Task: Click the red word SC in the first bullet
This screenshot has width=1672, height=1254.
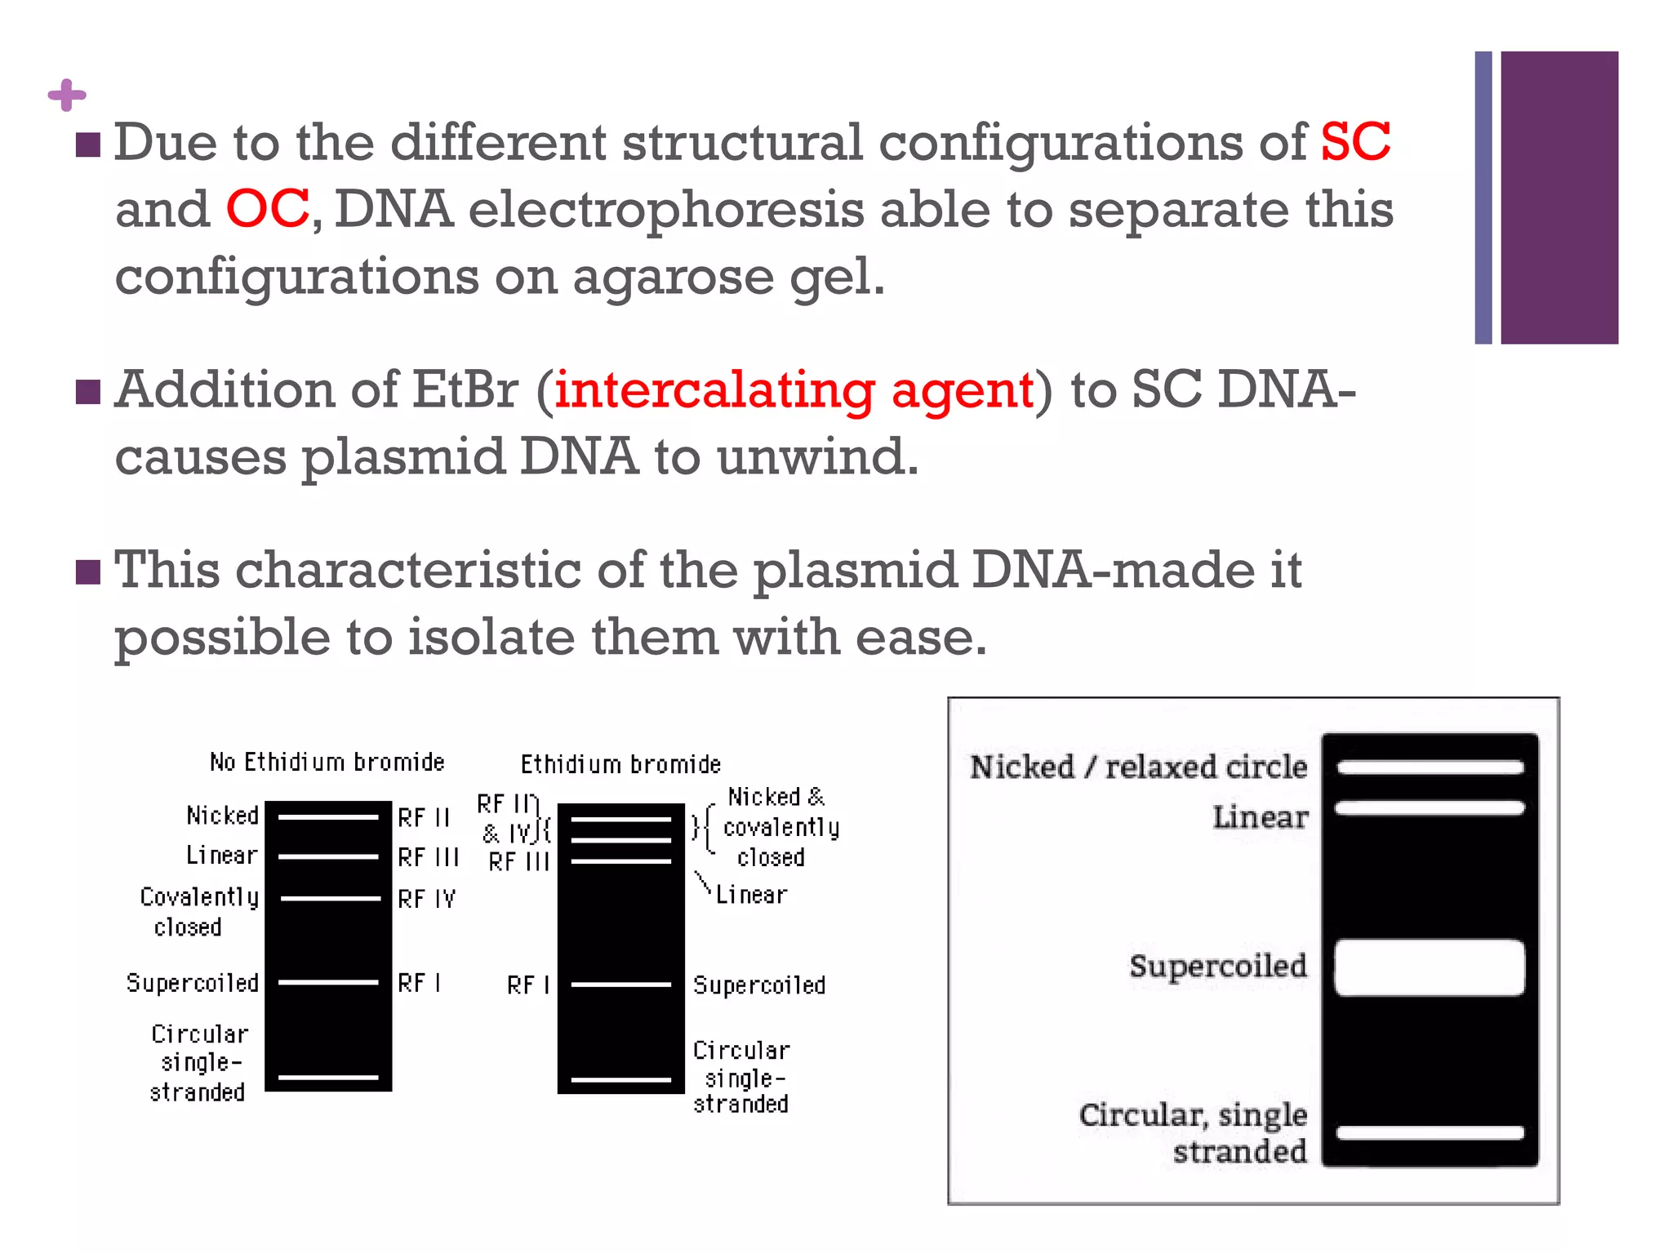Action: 1355,142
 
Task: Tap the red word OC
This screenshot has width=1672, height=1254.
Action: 267,209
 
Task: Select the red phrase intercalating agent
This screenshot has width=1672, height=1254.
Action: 794,389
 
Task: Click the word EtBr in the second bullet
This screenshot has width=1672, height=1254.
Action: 465,389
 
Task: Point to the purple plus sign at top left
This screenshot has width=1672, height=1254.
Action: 67,96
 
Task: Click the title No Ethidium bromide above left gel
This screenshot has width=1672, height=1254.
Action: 327,763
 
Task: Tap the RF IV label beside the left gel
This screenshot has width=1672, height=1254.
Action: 426,899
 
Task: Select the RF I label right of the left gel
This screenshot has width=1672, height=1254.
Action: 419,983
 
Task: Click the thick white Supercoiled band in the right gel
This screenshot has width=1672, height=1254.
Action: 1429,967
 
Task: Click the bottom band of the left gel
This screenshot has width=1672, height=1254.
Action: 328,1078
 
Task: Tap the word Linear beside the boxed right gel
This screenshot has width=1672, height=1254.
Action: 1260,817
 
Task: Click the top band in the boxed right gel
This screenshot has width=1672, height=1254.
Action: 1429,767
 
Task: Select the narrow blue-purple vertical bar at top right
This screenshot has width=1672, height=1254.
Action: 1483,197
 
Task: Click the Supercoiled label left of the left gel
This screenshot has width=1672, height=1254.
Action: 192,983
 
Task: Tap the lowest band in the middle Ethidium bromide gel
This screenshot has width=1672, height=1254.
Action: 620,1080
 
